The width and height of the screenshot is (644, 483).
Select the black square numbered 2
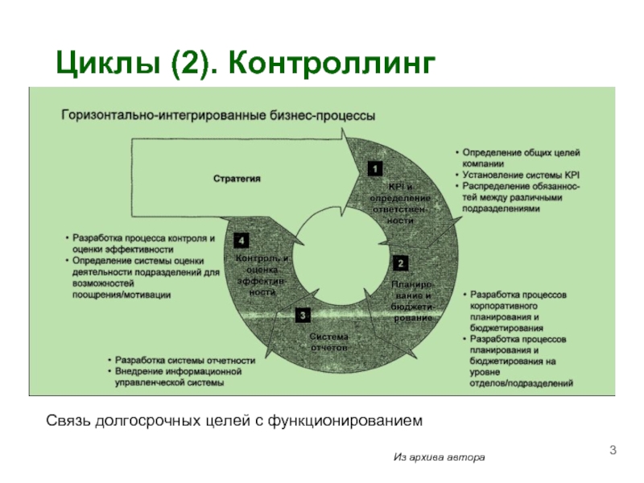click(x=400, y=263)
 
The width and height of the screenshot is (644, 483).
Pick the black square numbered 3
click(x=302, y=315)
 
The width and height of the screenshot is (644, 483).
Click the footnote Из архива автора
click(x=439, y=457)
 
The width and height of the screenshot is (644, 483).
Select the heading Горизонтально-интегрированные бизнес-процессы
click(x=218, y=116)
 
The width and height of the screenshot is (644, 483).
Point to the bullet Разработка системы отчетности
click(x=184, y=360)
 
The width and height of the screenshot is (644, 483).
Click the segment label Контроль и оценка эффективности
click(x=262, y=275)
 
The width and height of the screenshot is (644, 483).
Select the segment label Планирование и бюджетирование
click(x=412, y=301)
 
